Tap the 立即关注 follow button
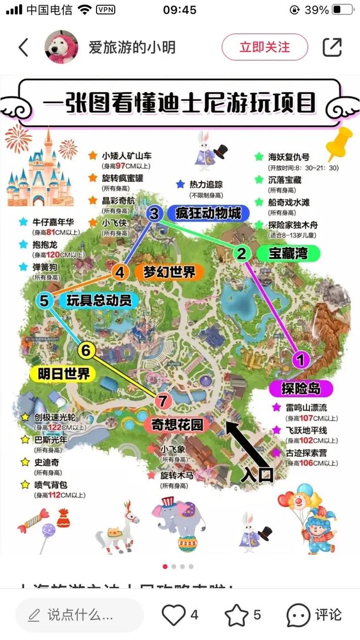tap(264, 47)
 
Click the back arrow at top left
tap(23, 47)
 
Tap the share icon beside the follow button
tap(332, 47)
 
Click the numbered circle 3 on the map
tap(154, 214)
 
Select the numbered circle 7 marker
tap(162, 401)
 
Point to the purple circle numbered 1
tap(301, 360)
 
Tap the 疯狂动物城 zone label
tap(208, 213)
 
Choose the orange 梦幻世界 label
tap(169, 272)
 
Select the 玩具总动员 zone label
tap(99, 300)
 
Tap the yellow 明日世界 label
tap(64, 374)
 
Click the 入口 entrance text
tap(257, 474)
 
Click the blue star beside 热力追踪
tap(181, 185)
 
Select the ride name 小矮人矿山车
tap(126, 156)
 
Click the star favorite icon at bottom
tap(236, 615)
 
